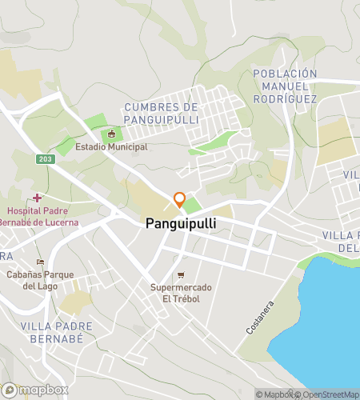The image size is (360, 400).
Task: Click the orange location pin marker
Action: coord(180,199)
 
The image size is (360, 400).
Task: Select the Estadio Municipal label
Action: coord(111,147)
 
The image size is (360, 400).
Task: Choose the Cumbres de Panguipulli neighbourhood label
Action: coord(161,114)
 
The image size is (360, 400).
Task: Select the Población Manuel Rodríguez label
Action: coord(285,86)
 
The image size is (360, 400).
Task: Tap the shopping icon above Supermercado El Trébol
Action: coord(181,275)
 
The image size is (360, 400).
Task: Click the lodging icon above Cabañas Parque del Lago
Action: coord(40,262)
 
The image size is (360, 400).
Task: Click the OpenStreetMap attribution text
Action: coord(328,394)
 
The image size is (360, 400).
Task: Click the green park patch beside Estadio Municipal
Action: coord(95,124)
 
